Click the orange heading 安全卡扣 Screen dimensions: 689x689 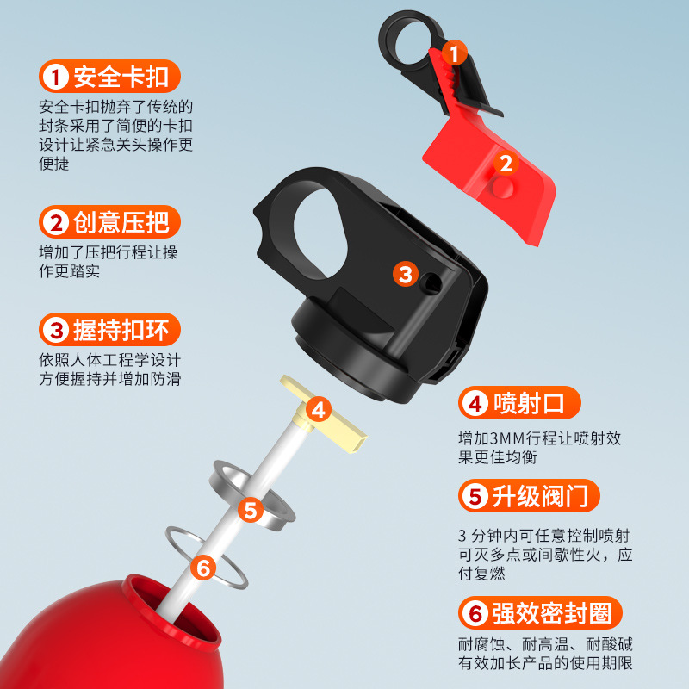109,77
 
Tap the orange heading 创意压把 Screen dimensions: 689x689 109,222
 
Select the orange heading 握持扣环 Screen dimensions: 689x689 109,330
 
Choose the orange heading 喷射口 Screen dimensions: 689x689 519,403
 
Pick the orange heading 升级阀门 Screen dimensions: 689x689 529,496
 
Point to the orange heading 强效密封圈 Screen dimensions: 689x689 540,613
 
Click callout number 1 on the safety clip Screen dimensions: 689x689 455,53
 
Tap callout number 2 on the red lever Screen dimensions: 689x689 506,164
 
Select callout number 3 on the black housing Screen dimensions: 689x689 405,274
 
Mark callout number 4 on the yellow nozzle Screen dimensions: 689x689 319,410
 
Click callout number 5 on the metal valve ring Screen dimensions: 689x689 251,510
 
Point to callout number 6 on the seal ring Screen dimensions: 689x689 203,568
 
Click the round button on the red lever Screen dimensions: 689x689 503,187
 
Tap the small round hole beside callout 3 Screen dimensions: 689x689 431,283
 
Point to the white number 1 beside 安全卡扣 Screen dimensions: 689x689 55,77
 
